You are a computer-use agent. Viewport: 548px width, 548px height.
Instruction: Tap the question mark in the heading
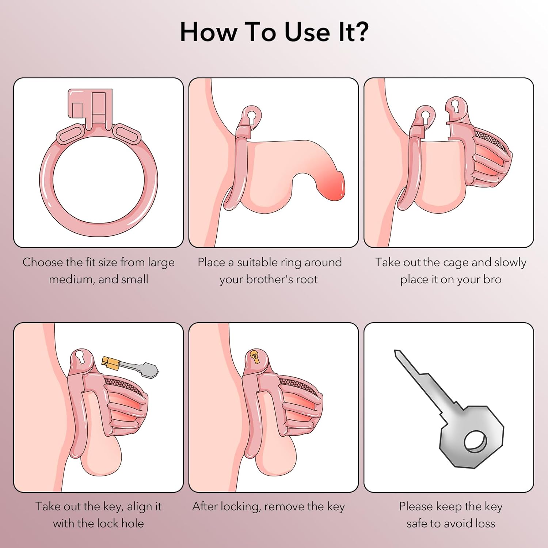coord(361,31)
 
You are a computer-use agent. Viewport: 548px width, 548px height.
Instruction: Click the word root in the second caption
coord(307,279)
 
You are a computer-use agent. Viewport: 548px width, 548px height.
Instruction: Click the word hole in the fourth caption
coord(132,523)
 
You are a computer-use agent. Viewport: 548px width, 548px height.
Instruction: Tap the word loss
coord(485,523)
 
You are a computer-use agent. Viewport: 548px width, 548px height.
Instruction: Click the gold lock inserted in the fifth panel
coord(255,356)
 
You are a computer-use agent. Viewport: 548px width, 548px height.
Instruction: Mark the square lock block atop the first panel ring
coord(90,106)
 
